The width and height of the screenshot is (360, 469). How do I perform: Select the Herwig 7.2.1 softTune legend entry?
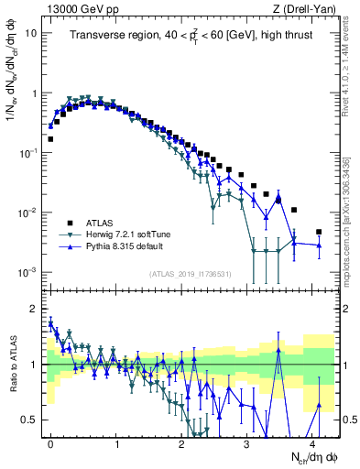(x=129, y=234)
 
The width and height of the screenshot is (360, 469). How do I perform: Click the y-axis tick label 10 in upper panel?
(x=31, y=33)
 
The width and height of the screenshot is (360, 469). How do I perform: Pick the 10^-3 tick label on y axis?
(x=27, y=272)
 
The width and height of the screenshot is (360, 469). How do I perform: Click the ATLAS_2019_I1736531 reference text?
(x=189, y=274)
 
